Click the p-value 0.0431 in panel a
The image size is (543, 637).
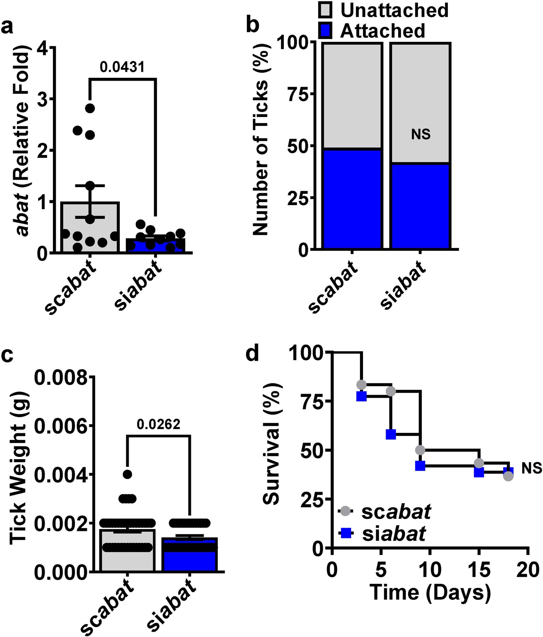(x=122, y=66)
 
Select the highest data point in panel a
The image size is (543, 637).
(x=90, y=108)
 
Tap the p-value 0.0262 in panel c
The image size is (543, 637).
(x=158, y=424)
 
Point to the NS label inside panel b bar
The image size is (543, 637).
(x=421, y=134)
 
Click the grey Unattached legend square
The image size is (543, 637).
(x=325, y=10)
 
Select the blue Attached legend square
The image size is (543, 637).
(x=325, y=30)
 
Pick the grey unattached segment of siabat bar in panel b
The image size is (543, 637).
(x=420, y=103)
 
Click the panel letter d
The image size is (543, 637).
(x=252, y=353)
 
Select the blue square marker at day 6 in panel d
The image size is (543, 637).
(x=391, y=434)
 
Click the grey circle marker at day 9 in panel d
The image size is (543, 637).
(x=420, y=450)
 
